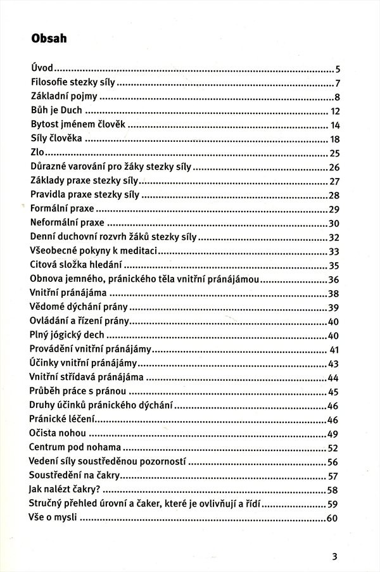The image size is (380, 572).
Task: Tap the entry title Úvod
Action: pos(41,69)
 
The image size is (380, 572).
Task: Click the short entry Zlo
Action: pos(38,153)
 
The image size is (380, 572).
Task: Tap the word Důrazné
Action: pos(51,167)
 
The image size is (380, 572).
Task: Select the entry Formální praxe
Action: pos(62,208)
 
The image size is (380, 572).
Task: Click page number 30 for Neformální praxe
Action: pos(335,223)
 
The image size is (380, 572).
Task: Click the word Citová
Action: pos(44,265)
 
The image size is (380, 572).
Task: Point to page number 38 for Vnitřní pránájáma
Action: pos(335,293)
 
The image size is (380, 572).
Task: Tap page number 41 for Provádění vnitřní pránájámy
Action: pos(336,350)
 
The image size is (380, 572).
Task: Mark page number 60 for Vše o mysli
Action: pos(335,519)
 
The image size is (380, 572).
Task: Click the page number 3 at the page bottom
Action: pos(335,557)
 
